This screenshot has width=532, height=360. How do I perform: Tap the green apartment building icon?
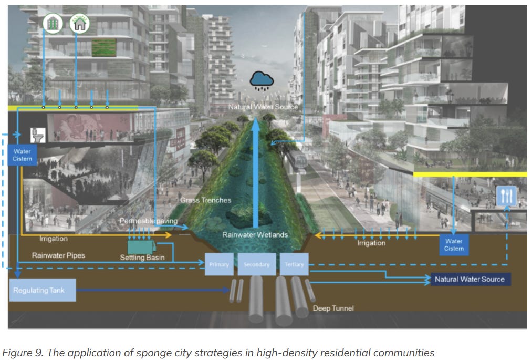[53, 23]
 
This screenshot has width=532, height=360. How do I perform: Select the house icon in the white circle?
[80, 23]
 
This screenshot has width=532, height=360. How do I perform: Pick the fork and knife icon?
[506, 197]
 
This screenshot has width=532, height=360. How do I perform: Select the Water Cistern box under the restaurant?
[454, 245]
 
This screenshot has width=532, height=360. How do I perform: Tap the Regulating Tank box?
[42, 290]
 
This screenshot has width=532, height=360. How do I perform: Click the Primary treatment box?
[219, 264]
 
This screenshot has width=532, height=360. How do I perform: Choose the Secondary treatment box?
[256, 264]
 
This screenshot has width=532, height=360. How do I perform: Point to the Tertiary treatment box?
[294, 264]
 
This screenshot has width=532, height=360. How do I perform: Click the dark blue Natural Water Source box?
[470, 279]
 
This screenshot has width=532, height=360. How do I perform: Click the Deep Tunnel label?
[333, 308]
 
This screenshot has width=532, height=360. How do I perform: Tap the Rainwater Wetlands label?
[255, 235]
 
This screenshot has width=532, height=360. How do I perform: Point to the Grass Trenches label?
[205, 200]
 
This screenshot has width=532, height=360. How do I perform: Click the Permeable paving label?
[148, 221]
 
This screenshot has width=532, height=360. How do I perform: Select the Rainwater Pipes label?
[58, 255]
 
